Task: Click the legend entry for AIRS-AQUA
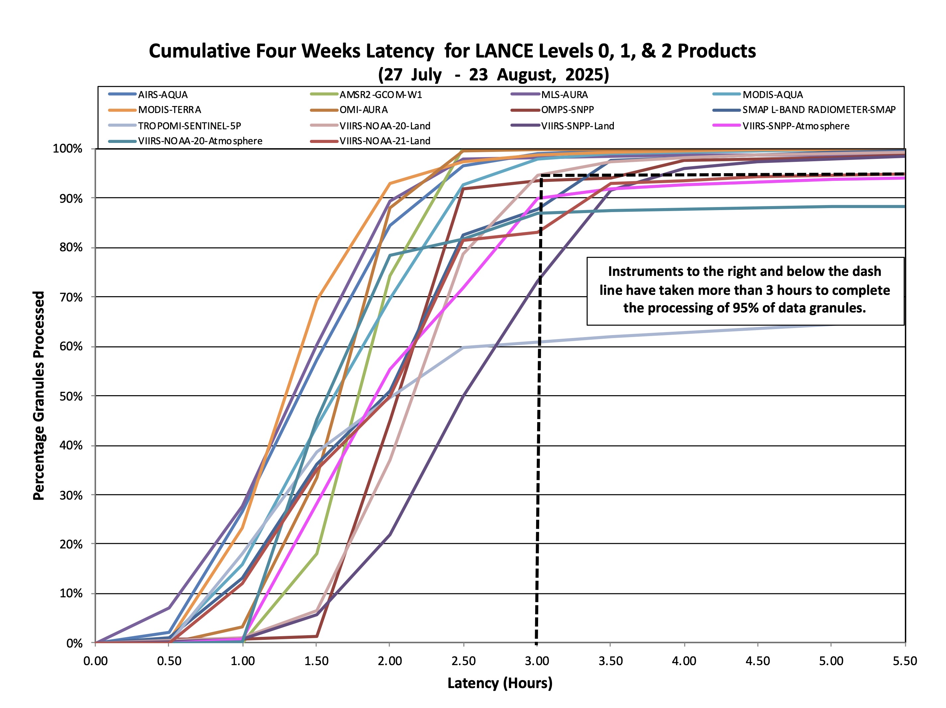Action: [162, 95]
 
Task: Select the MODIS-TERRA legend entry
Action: [169, 110]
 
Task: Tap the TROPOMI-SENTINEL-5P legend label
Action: [189, 126]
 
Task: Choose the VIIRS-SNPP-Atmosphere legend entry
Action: [796, 126]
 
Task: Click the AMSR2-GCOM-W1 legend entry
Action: [381, 95]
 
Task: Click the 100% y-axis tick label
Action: [67, 149]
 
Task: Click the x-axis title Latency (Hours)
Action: [500, 683]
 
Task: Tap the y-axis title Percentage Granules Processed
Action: [39, 396]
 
